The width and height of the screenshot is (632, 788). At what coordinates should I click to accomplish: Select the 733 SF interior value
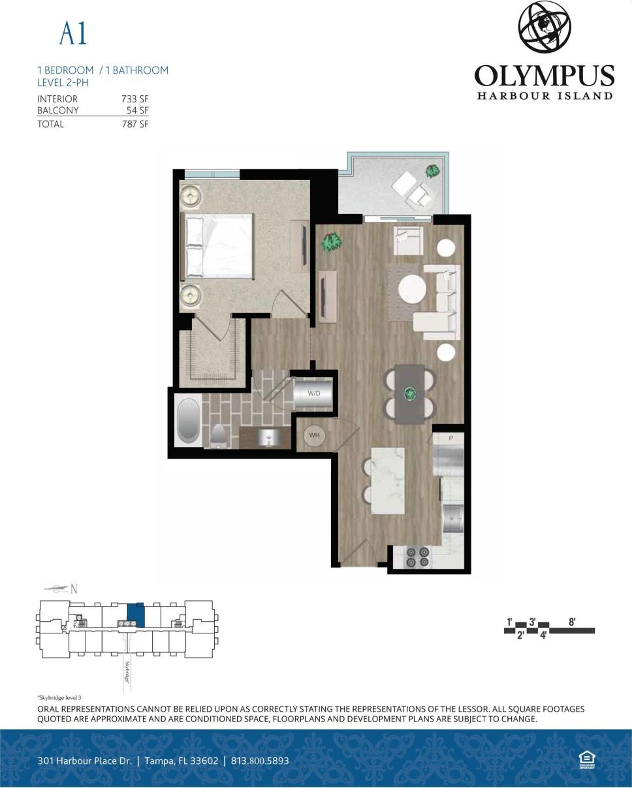[134, 99]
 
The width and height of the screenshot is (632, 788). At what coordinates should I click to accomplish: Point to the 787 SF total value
[134, 124]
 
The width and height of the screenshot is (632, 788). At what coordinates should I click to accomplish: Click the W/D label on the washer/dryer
[314, 393]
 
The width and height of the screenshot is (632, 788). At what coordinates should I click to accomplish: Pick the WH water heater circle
[315, 436]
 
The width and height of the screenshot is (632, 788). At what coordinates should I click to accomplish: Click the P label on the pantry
[450, 438]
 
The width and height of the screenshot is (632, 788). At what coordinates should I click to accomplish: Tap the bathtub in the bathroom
[189, 422]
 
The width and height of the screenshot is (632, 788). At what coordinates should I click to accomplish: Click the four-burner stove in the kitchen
[418, 556]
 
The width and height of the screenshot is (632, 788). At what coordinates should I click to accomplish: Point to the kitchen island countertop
[388, 480]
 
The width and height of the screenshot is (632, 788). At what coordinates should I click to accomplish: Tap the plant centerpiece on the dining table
[410, 394]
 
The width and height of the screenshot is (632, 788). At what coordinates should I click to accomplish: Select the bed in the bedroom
[219, 247]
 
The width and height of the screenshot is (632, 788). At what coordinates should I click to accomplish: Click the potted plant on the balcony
[432, 171]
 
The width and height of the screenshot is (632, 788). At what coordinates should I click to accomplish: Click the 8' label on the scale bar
[572, 622]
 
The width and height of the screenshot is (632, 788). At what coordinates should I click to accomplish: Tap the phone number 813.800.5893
[260, 761]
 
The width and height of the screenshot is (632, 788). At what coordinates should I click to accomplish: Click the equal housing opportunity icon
[586, 759]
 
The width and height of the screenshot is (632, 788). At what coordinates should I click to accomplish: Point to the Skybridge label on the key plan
[127, 672]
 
